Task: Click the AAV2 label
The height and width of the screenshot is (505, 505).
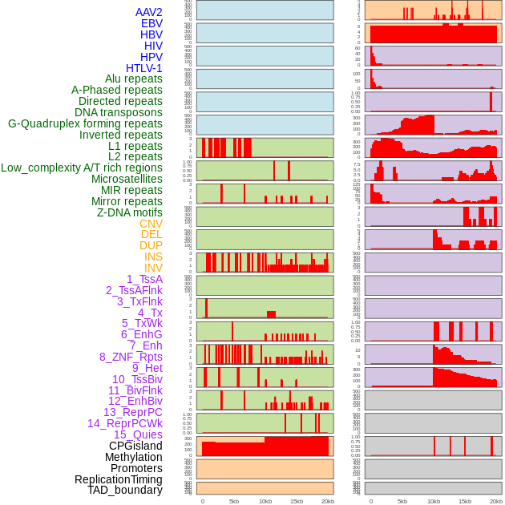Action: [x=149, y=12]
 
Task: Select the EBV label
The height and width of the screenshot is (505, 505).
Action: [x=151, y=23]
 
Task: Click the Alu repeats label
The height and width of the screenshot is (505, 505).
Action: [x=134, y=79]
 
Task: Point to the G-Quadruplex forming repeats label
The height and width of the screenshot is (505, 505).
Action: [x=85, y=123]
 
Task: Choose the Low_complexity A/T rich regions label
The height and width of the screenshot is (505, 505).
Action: [x=82, y=168]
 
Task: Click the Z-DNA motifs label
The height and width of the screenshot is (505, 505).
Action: [x=130, y=212]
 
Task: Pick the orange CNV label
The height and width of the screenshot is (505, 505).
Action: [x=151, y=224]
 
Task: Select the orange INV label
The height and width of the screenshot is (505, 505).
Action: [x=153, y=268]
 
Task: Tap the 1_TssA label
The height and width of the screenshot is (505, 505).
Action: [x=144, y=279]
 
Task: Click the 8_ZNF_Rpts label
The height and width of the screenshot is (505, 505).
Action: [x=131, y=357]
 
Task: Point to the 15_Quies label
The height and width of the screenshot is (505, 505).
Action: [x=138, y=434]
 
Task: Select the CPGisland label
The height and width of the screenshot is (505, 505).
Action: [x=135, y=446]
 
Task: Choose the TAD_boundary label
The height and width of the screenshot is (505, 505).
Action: [x=125, y=490]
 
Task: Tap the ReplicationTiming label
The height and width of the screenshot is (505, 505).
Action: [x=119, y=479]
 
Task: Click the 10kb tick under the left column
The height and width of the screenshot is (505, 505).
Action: [x=265, y=501]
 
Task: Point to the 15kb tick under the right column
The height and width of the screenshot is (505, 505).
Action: [x=465, y=501]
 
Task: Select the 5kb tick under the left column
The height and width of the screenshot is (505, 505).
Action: [x=234, y=501]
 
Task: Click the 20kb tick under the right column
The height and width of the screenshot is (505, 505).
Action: [x=496, y=501]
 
